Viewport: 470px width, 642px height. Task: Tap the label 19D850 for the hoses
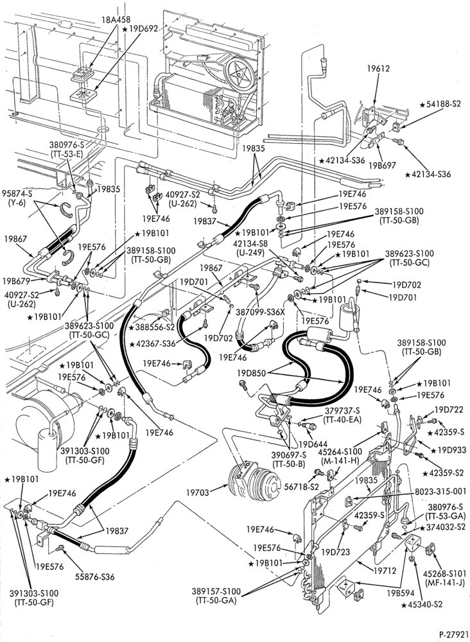(252, 373)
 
